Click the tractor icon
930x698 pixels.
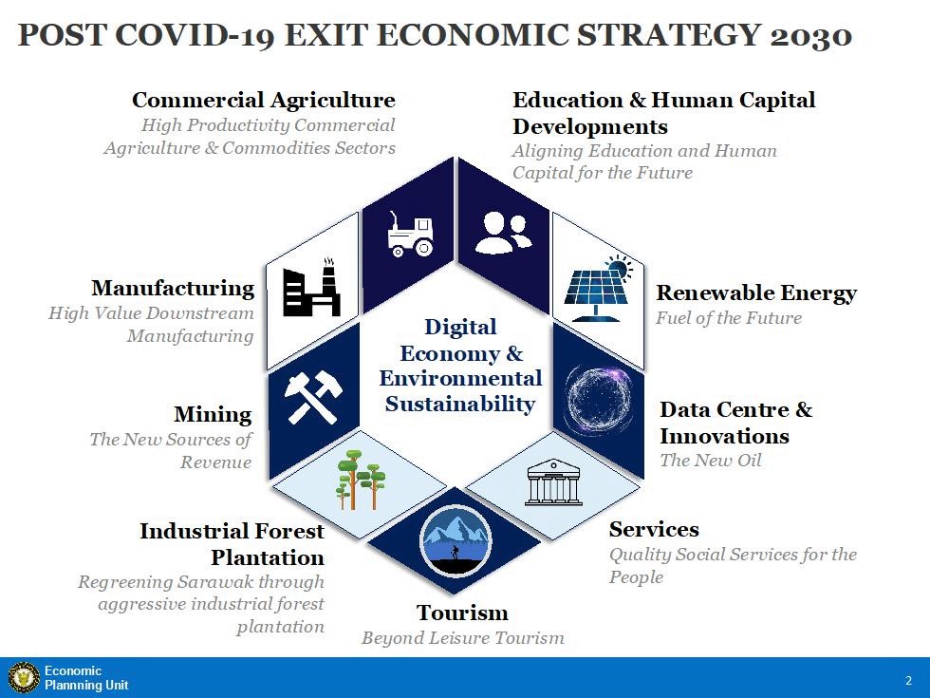(410, 236)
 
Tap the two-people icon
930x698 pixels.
(503, 234)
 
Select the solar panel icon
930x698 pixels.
(598, 289)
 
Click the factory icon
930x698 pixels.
(312, 288)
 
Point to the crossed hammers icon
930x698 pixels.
(313, 397)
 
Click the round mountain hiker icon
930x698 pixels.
(456, 540)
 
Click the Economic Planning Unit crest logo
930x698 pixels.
(24, 678)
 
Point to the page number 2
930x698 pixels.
(909, 680)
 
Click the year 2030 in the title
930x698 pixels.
(811, 35)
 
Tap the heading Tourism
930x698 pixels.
(462, 613)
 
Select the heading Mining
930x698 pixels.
(213, 415)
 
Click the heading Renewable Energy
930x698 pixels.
(756, 293)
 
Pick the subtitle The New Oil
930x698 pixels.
(711, 460)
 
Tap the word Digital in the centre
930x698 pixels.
(460, 327)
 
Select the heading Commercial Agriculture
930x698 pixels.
(264, 100)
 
